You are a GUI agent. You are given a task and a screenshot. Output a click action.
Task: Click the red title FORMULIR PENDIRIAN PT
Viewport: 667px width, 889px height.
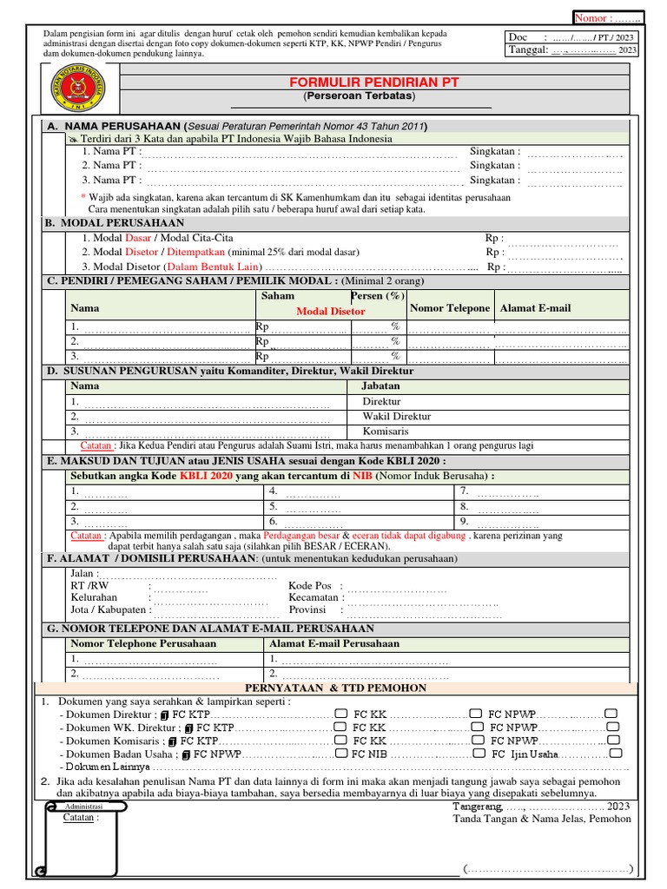pos(374,82)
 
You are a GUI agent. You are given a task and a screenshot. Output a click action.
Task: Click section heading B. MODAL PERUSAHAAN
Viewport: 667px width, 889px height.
pos(115,223)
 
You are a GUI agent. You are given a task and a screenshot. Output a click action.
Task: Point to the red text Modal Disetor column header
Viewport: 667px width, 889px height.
pos(331,311)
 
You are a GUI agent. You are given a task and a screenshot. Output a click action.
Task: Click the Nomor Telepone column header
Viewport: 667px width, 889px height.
pos(450,308)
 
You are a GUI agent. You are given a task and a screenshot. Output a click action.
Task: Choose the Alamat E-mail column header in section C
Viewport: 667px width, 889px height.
pos(535,308)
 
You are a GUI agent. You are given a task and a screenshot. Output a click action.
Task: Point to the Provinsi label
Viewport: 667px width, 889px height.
pos(307,610)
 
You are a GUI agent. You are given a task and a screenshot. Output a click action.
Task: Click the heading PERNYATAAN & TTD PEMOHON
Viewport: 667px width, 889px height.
pos(336,688)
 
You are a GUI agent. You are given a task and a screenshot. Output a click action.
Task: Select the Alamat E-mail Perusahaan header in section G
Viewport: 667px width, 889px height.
pos(334,643)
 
